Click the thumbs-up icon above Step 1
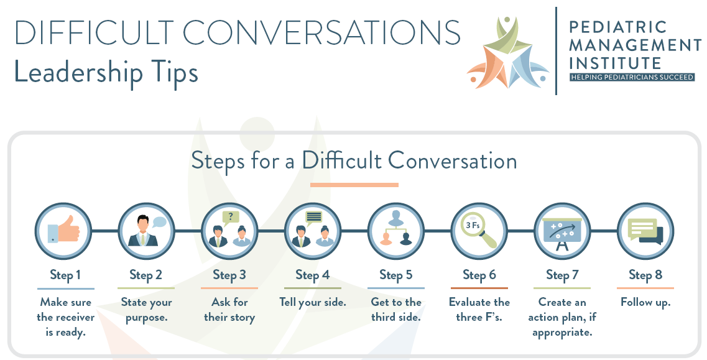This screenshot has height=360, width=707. pos(64,231)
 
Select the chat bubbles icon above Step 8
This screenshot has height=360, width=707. pos(645,231)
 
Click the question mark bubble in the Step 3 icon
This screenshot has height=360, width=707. pos(231,217)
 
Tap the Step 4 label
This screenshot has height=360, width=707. pos(312,275)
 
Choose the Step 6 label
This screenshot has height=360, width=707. pos(479,275)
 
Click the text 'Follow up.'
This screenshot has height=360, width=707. pos(645,303)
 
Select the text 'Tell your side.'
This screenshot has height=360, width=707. pos(312,303)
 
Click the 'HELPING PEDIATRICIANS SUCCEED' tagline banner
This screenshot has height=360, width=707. pos(632,77)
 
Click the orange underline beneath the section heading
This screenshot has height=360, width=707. pos(354,185)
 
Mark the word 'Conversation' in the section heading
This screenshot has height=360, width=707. pos(453,161)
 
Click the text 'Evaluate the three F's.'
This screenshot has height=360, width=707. pos(479,310)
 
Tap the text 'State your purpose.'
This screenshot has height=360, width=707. pos(147,310)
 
